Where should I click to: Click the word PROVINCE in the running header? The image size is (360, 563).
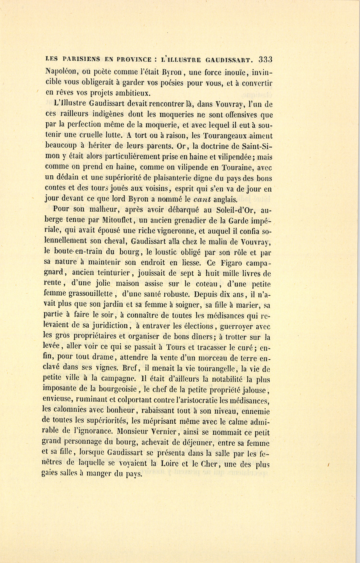133,60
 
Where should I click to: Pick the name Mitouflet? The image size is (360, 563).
117,220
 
